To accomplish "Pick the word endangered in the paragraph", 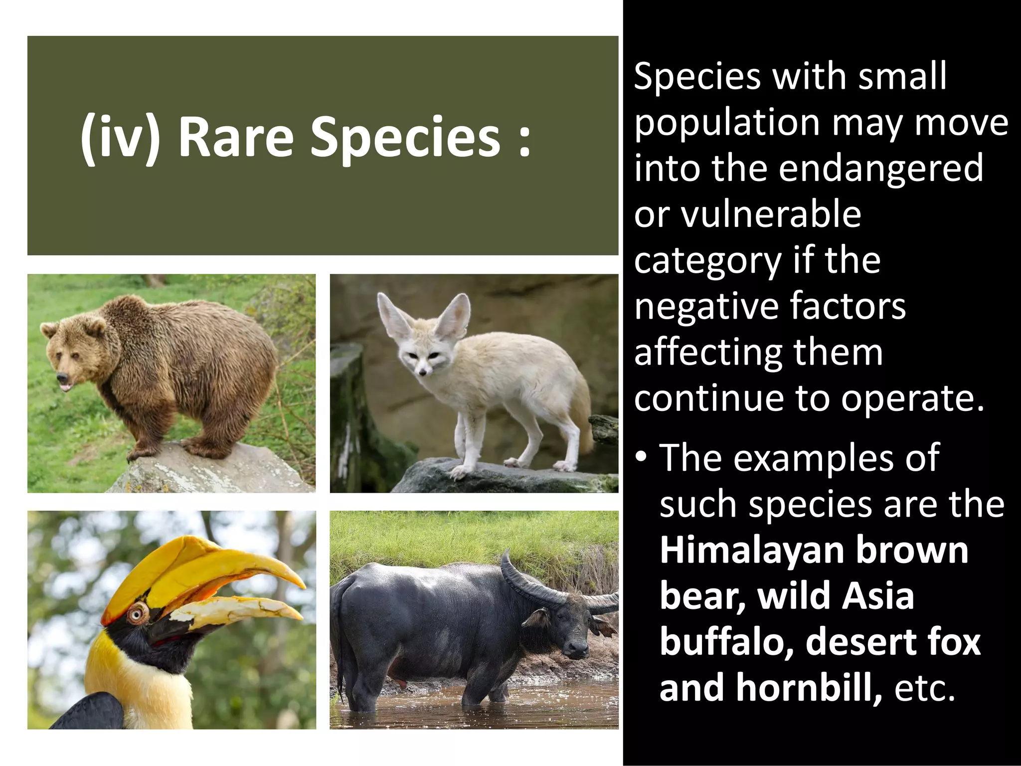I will click(881, 168).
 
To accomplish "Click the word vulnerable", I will click(771, 214).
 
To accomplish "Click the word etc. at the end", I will click(925, 687).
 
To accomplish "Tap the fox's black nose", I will click(423, 373).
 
